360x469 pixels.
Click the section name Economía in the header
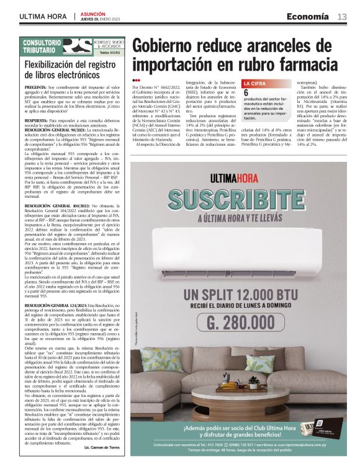click(308, 16)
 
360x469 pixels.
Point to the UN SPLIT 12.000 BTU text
click(238, 293)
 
